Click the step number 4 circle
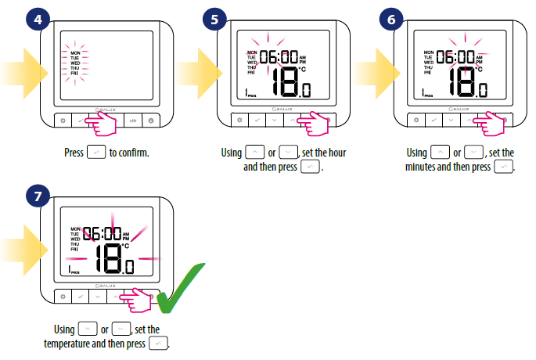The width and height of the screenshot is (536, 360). [x=38, y=19]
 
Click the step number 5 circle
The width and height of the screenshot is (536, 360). [x=214, y=19]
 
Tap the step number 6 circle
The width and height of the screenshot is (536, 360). [x=391, y=19]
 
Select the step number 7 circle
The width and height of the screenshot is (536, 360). [x=38, y=196]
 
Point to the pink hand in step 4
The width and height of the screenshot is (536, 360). [x=101, y=123]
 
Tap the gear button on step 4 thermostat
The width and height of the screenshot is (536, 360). [x=63, y=121]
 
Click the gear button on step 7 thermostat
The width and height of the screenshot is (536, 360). [x=63, y=297]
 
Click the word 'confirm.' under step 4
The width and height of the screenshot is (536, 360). [x=129, y=153]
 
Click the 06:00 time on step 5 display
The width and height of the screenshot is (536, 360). [x=279, y=57]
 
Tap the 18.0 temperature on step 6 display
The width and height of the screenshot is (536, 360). [x=468, y=82]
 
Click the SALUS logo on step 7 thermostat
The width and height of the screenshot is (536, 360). [x=106, y=286]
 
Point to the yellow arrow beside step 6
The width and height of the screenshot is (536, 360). [x=377, y=74]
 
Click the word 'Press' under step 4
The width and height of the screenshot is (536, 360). [x=74, y=153]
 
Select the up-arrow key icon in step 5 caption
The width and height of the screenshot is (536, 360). [x=255, y=152]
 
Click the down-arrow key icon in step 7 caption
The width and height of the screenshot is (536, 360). [x=121, y=329]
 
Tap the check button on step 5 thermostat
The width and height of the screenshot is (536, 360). [x=257, y=120]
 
